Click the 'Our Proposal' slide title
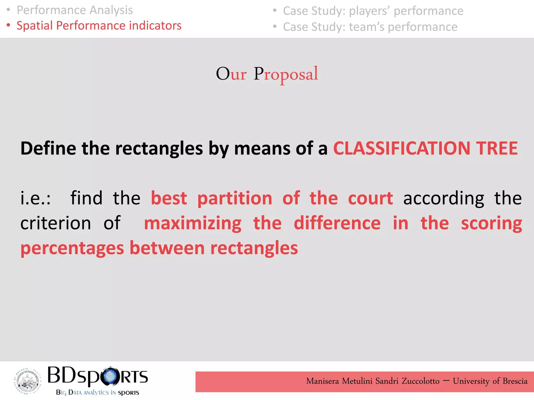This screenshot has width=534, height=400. coord(267,74)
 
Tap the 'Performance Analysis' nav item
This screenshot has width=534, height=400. coord(75,10)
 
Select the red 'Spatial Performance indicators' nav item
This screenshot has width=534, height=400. coord(99,26)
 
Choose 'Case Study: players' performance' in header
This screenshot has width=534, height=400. coord(373,11)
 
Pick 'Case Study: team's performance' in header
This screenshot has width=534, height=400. coord(370,27)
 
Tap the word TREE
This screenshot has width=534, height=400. coord(497,148)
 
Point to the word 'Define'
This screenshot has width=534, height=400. coord(48,148)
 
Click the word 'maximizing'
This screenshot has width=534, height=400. coord(193,223)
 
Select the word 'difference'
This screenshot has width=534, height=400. coord(337,223)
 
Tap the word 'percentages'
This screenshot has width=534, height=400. coord(72,248)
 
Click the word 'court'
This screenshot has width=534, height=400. coord(370,198)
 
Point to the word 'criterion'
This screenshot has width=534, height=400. coord(56,223)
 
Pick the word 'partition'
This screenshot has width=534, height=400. coord(235,198)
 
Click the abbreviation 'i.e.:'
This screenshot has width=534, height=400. coord(36,198)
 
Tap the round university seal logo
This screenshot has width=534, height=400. coord(27,381)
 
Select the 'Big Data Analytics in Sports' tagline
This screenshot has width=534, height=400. coord(98,392)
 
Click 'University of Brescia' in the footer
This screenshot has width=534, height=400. coord(490,381)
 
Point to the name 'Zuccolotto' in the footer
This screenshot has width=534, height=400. coord(420,381)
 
